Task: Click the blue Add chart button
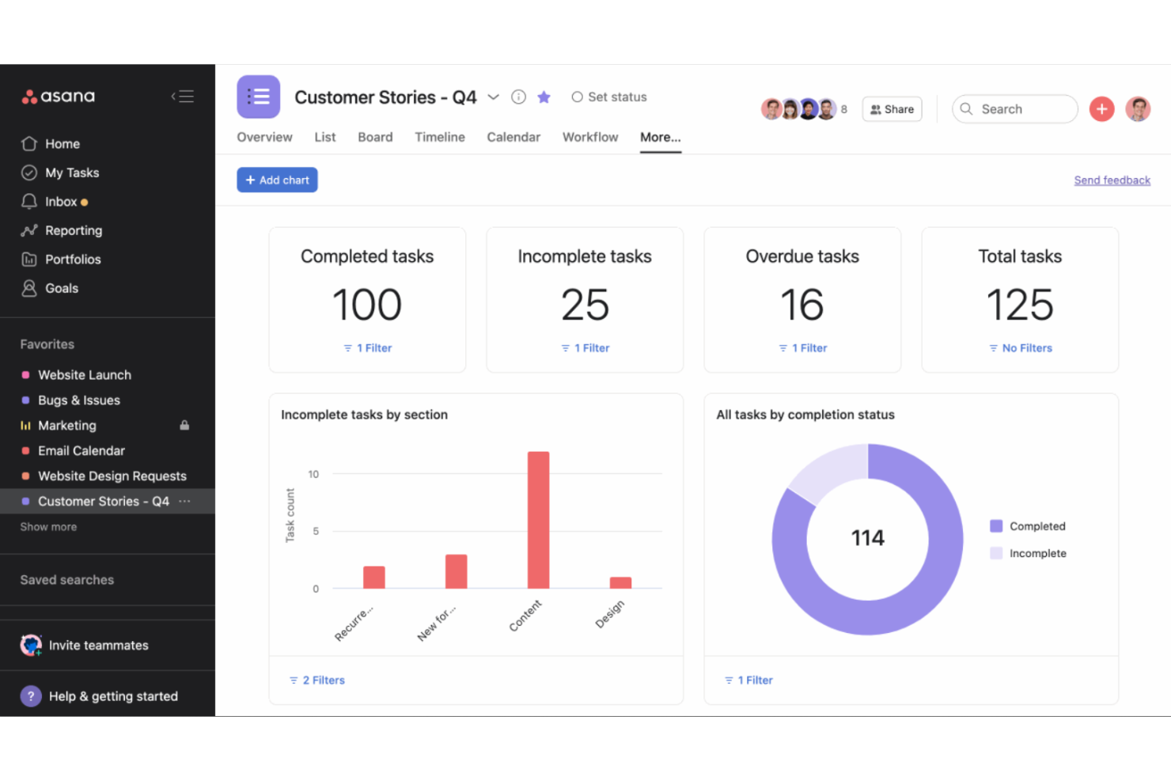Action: click(277, 180)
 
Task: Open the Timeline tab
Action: click(439, 137)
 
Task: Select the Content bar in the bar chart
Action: click(538, 520)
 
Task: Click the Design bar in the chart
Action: click(620, 582)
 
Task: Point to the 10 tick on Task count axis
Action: click(314, 474)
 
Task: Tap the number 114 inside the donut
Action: click(867, 538)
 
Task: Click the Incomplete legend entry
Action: click(1036, 553)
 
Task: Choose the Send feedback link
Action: click(1112, 180)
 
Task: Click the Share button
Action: click(892, 109)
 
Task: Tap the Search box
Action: click(1015, 109)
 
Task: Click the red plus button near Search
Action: click(1101, 109)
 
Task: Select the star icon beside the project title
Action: click(544, 97)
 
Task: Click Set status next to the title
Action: click(609, 97)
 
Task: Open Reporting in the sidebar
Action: click(73, 230)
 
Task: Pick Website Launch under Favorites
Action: click(84, 375)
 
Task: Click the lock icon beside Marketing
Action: click(184, 425)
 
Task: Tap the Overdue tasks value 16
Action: click(802, 305)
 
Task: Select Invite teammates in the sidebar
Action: click(98, 645)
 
